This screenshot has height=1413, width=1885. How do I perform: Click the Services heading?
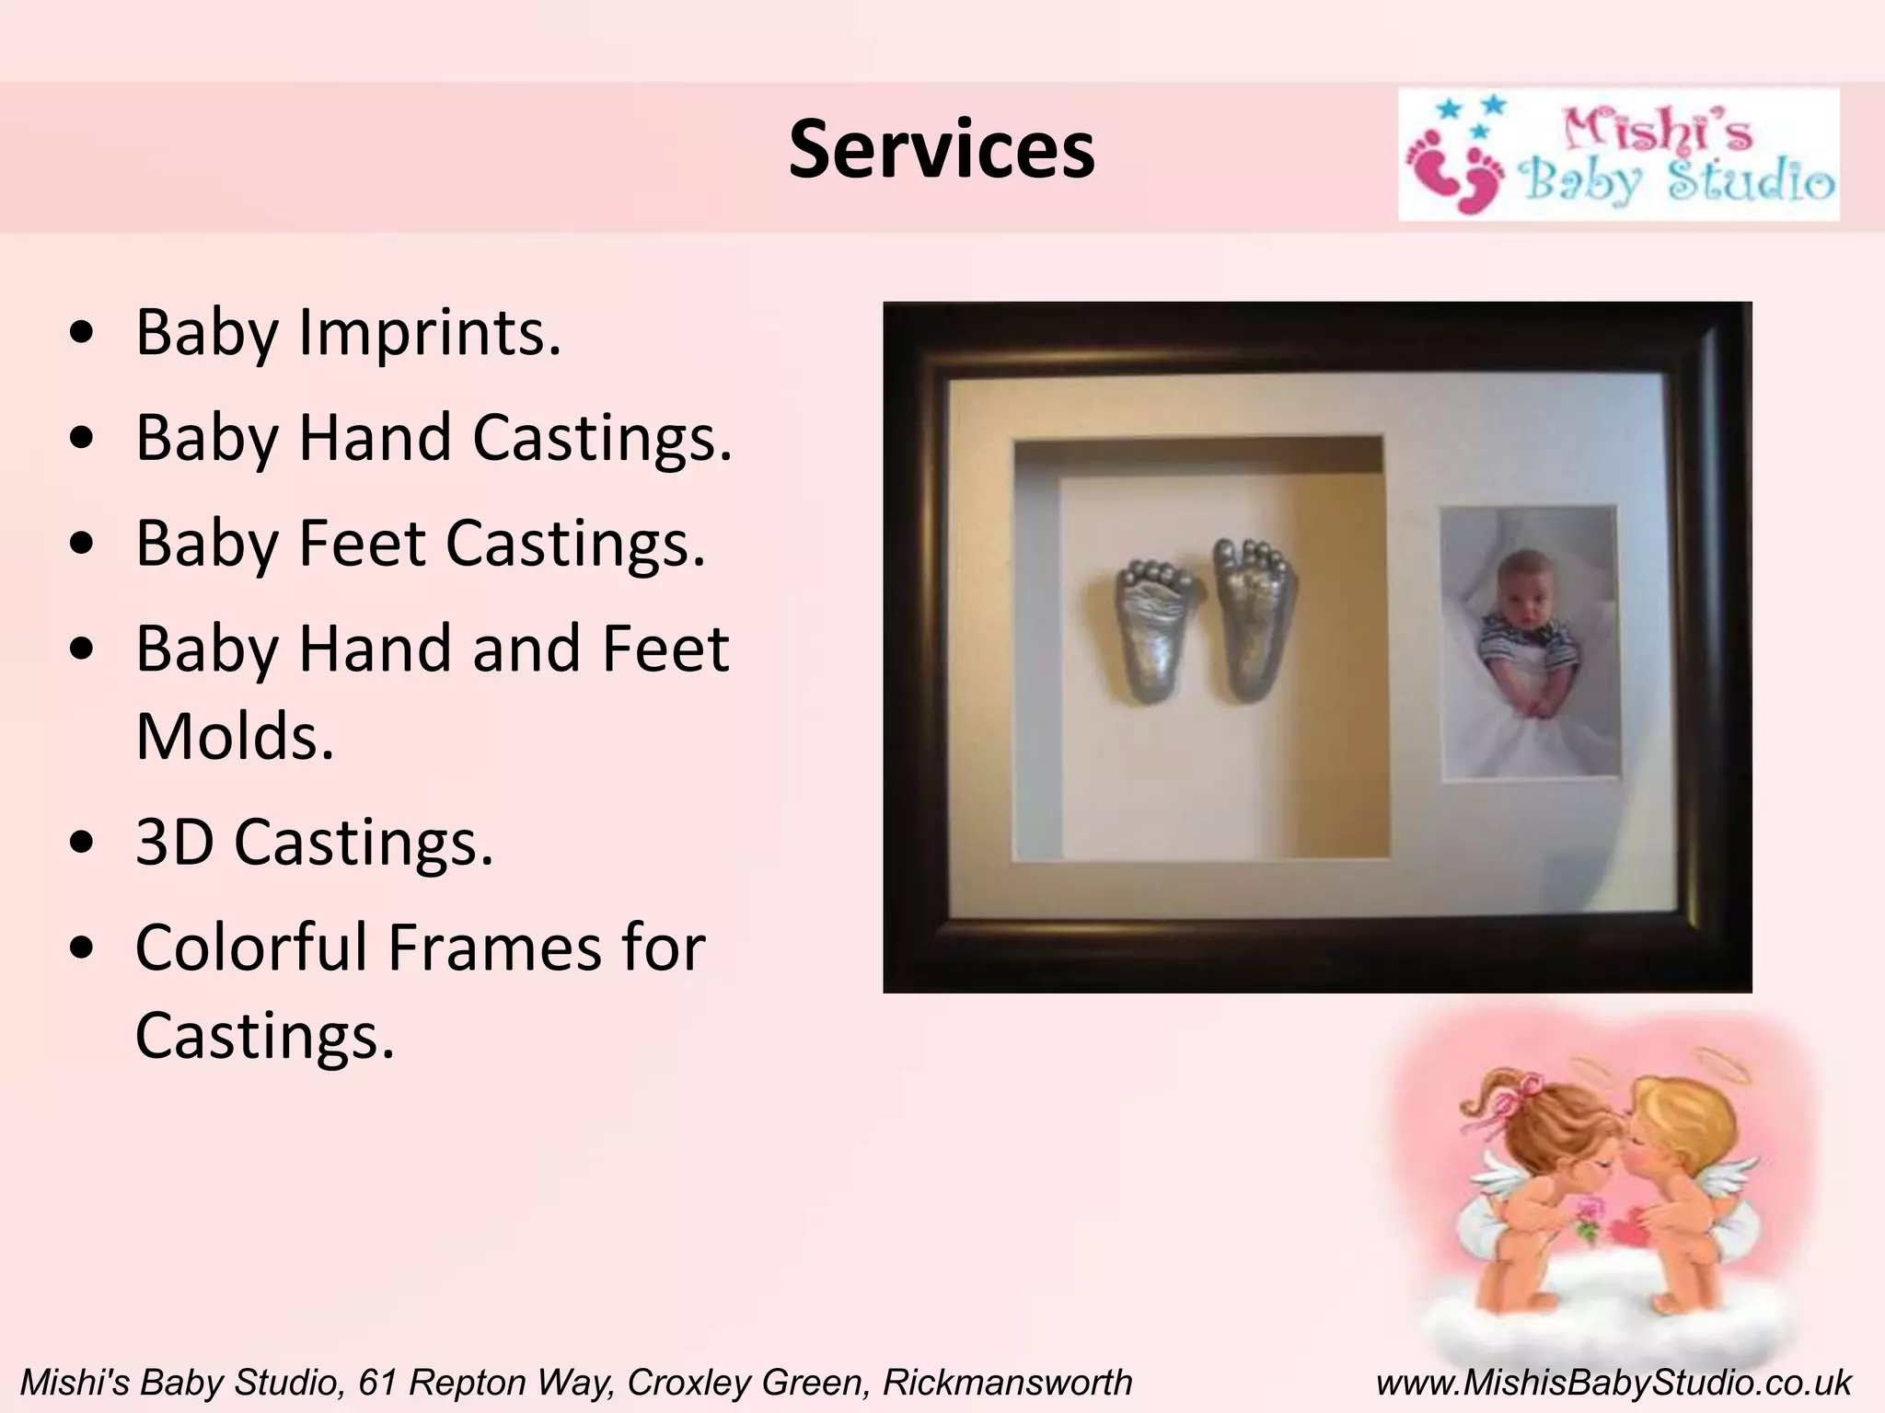942,150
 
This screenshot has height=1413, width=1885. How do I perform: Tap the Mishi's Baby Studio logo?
1618,155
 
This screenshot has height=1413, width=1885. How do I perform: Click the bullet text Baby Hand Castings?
434,438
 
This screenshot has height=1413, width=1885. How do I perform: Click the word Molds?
235,736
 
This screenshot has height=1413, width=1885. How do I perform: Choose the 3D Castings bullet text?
314,842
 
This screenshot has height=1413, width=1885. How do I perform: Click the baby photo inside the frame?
1529,641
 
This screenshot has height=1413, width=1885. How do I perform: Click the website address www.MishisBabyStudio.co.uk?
1613,1383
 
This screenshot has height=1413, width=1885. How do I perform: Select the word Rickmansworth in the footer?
1007,1383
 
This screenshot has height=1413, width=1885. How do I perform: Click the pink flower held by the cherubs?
1590,1212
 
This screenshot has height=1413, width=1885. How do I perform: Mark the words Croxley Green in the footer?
746,1383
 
